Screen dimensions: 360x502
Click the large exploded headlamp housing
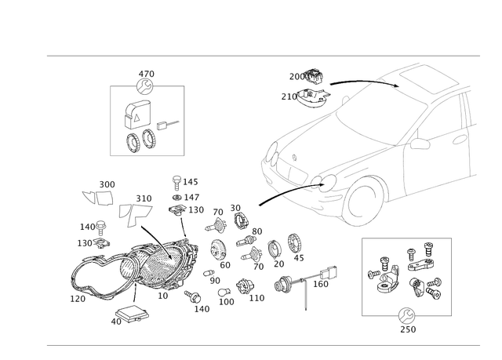[161, 267]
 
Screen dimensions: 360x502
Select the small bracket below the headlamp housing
[129, 316]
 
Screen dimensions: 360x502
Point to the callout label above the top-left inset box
[145, 77]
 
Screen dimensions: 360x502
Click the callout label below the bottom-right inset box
[406, 322]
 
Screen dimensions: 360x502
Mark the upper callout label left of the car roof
[306, 76]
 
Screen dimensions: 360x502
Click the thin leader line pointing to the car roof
[357, 81]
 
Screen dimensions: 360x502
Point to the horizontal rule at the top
[263, 56]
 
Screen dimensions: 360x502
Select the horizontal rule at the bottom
[263, 343]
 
